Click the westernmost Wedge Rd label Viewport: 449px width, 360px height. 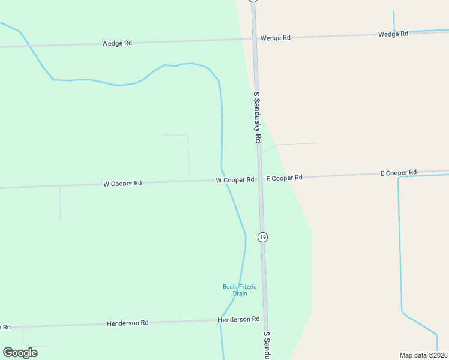coord(116,43)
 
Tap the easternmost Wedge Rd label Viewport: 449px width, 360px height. coord(393,34)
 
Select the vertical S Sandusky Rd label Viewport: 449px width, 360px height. coord(257,116)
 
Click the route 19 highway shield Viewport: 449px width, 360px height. coord(262,237)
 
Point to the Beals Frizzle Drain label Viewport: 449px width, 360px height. coord(240,290)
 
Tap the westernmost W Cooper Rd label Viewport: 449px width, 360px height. coord(122,184)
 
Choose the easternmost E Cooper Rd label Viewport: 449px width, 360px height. coord(399,173)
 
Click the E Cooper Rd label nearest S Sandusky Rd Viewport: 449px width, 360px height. coord(284,178)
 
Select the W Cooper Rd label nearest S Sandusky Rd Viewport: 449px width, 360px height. coord(235,180)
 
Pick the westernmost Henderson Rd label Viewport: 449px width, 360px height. coord(127,323)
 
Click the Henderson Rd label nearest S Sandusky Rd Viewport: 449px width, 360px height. coord(239,319)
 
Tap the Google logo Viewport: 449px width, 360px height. coord(20,353)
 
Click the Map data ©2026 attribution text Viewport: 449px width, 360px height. coord(423,355)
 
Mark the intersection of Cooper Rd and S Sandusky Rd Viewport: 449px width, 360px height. coord(260,179)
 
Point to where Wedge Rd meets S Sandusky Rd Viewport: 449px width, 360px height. coord(254,38)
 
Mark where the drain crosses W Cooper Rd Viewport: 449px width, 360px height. coord(226,181)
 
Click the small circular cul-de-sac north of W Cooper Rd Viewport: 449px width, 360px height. coord(165,134)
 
